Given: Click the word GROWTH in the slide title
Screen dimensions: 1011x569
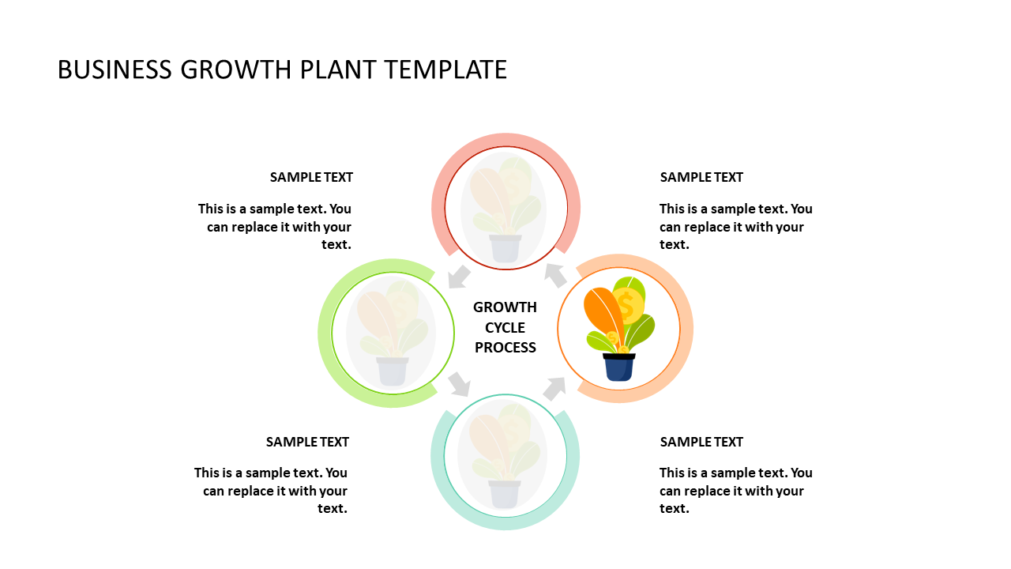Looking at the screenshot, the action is [x=237, y=70].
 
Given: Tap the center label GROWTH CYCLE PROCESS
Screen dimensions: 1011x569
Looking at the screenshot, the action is [x=505, y=327].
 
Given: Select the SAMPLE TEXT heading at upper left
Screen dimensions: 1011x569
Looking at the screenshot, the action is [x=311, y=177].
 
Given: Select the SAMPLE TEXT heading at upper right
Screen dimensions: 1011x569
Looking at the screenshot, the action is [x=701, y=177].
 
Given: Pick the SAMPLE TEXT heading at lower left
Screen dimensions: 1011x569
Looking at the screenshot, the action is [x=307, y=442].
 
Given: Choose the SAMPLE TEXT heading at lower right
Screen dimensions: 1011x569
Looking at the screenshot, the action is [x=701, y=442].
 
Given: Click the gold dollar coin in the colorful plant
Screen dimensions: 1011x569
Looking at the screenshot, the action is [x=628, y=305].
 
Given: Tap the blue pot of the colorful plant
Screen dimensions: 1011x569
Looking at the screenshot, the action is [x=618, y=367].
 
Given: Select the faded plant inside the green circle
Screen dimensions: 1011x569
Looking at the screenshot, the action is [x=393, y=333].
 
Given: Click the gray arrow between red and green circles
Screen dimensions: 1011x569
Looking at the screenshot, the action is [x=459, y=277].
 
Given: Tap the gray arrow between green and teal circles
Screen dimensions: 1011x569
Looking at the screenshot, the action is [x=459, y=385].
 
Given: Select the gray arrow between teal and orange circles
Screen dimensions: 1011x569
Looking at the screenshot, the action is [x=554, y=388].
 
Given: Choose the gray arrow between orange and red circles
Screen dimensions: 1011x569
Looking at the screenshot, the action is [x=556, y=275].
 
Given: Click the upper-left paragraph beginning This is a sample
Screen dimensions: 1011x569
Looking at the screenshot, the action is [x=275, y=227].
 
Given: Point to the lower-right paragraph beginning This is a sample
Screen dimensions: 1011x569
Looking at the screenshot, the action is [x=735, y=491].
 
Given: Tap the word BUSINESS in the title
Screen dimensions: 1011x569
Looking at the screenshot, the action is [x=115, y=70].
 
